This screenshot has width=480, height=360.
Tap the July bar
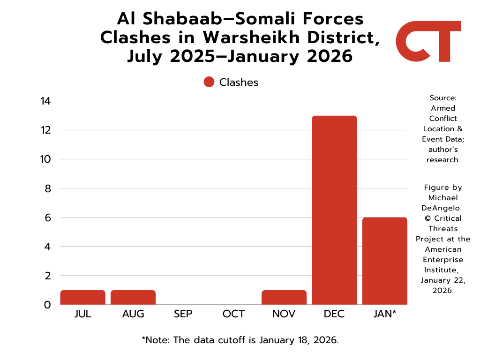(x=83, y=297)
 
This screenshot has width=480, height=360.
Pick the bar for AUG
(x=133, y=297)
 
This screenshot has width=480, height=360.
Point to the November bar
(x=284, y=297)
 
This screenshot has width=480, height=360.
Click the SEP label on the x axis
(x=183, y=314)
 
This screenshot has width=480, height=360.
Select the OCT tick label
(x=233, y=314)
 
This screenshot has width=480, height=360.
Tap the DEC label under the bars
(x=334, y=314)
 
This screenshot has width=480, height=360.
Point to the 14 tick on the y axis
(x=45, y=101)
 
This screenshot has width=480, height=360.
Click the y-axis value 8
(x=47, y=188)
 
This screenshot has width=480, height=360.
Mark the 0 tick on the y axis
(x=47, y=305)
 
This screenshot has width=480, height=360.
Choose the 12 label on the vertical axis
(x=45, y=130)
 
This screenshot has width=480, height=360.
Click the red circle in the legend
(x=209, y=82)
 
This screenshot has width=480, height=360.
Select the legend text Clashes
(x=239, y=82)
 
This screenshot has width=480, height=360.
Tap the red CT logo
(x=428, y=41)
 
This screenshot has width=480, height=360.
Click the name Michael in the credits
(x=443, y=198)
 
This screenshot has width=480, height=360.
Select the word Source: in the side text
(x=443, y=98)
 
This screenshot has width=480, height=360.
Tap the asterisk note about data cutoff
(x=240, y=340)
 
